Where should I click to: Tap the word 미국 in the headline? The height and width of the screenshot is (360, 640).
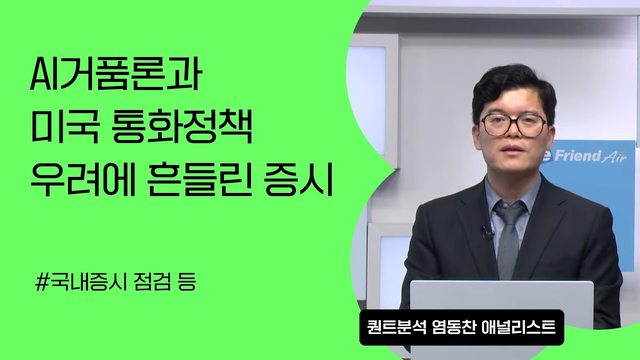(60, 129)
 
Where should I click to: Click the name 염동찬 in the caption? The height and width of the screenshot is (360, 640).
(451, 328)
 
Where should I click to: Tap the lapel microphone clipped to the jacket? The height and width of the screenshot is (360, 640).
(486, 230)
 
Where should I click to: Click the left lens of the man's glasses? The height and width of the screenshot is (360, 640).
(494, 125)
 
